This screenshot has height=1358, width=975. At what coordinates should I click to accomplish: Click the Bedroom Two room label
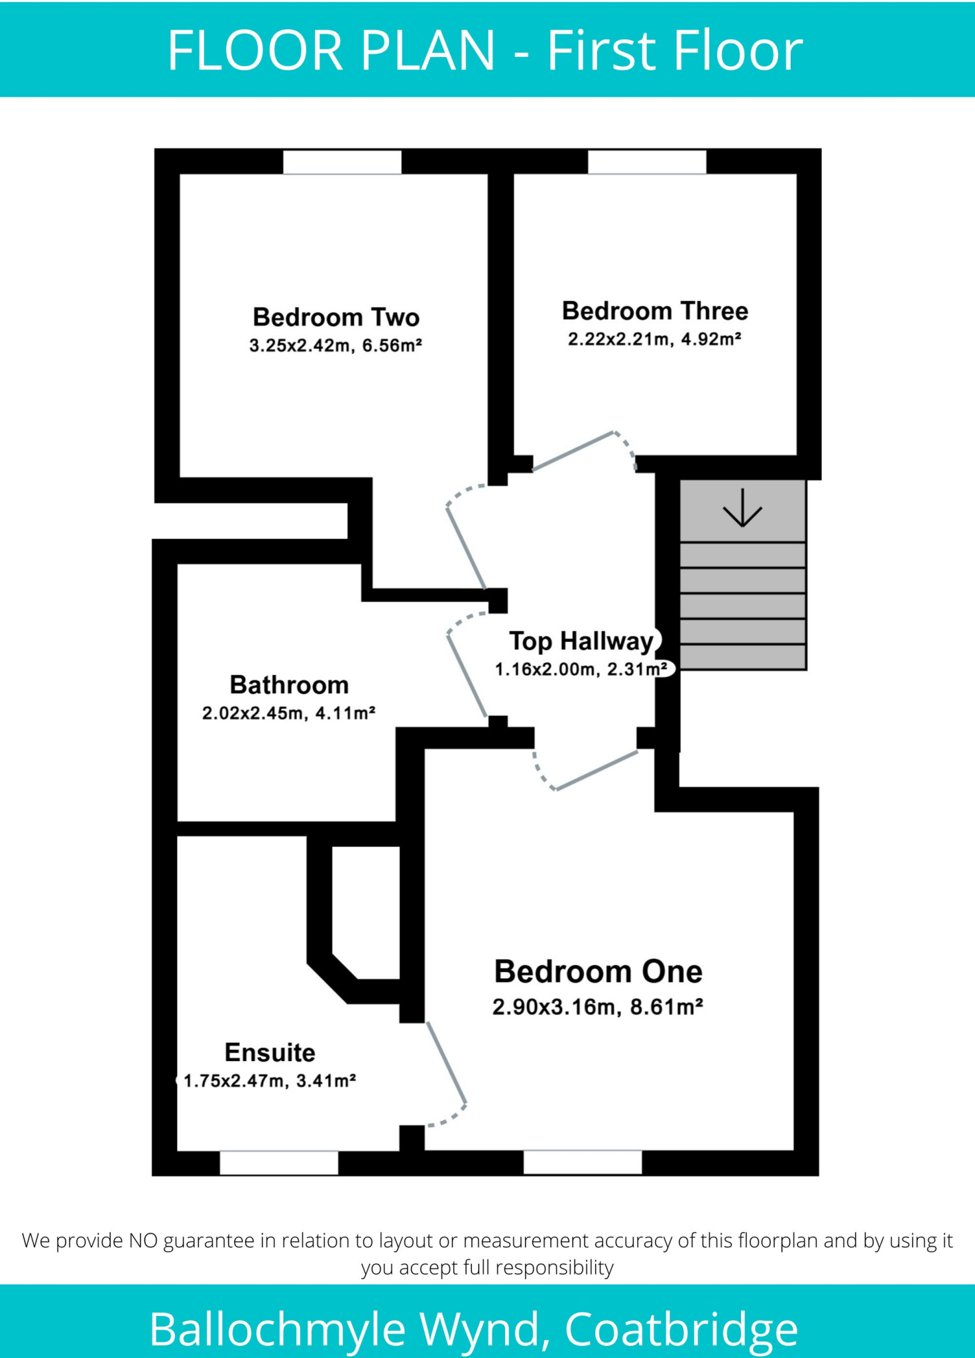tap(336, 318)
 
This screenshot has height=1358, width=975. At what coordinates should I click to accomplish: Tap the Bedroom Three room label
tap(655, 311)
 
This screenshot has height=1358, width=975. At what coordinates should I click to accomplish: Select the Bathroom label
tap(289, 685)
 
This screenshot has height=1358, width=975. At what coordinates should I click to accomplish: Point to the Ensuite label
tap(270, 1052)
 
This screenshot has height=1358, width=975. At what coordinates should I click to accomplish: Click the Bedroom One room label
tap(598, 972)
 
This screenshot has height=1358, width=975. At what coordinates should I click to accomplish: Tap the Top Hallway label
tap(581, 641)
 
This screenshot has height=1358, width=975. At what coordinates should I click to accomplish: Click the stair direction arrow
tap(742, 508)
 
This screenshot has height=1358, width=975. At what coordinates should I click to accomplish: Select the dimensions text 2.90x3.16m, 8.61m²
tap(597, 1007)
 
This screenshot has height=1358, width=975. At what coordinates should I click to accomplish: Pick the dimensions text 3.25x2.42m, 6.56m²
tap(335, 345)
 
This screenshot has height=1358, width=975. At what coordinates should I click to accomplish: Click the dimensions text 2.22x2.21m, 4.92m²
tap(654, 339)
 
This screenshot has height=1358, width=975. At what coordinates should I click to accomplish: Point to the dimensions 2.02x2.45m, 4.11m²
tap(289, 713)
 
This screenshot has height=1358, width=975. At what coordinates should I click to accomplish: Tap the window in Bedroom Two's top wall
tap(342, 162)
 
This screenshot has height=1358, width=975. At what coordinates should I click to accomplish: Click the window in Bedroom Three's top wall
tap(647, 162)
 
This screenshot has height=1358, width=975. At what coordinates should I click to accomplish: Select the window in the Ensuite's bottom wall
tap(278, 1162)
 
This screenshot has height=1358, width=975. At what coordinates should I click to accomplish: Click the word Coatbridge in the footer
tap(681, 1328)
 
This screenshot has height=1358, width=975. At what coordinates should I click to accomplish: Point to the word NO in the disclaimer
tap(143, 1240)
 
